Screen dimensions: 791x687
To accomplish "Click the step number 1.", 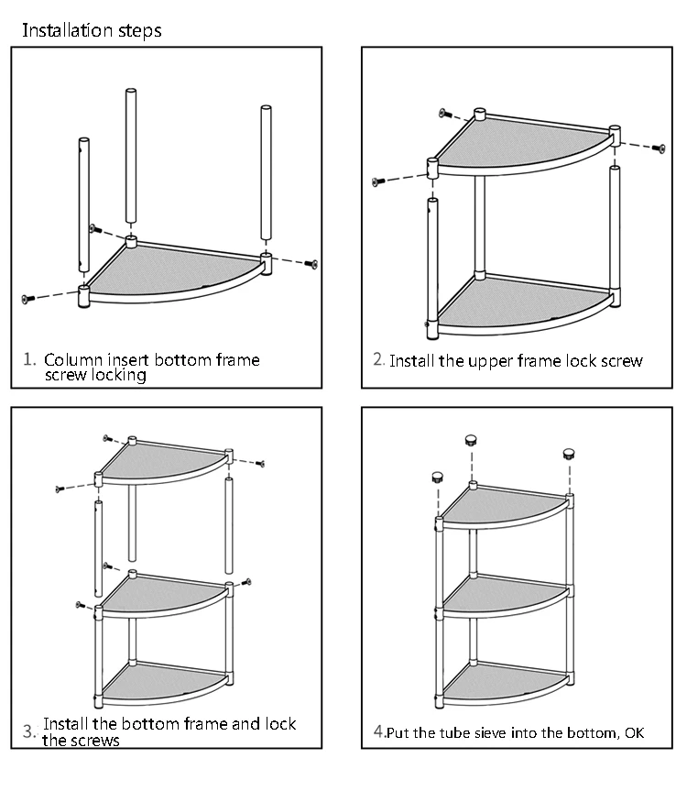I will click(x=29, y=358).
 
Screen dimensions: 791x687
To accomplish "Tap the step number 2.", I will click(x=378, y=358).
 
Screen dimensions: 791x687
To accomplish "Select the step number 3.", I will click(x=29, y=731).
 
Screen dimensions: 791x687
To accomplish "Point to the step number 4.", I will click(x=378, y=731).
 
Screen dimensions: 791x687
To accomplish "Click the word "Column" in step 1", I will click(x=72, y=359).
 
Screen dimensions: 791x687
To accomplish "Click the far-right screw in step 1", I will click(x=312, y=264).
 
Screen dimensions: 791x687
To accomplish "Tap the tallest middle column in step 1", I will click(x=131, y=156).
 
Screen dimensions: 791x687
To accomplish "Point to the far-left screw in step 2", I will click(x=376, y=181).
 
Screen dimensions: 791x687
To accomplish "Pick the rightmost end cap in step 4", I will click(x=568, y=452).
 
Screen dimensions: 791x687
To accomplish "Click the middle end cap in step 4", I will click(x=473, y=438).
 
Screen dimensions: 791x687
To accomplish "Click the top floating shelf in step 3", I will click(x=160, y=464).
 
